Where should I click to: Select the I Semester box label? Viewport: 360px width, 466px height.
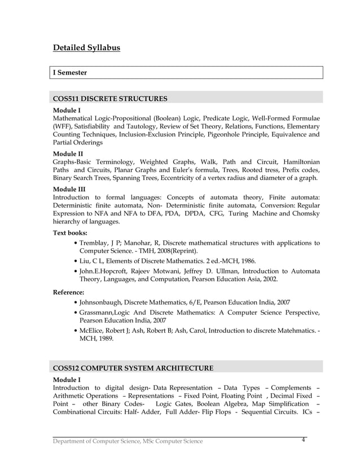click(x=71, y=73)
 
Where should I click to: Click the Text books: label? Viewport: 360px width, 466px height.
click(x=71, y=232)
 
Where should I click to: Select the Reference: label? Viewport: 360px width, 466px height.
click(x=69, y=292)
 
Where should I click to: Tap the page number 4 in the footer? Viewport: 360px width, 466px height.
click(x=303, y=439)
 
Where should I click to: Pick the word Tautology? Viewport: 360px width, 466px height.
click(x=139, y=126)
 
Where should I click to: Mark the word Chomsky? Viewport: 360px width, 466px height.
click(x=305, y=214)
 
